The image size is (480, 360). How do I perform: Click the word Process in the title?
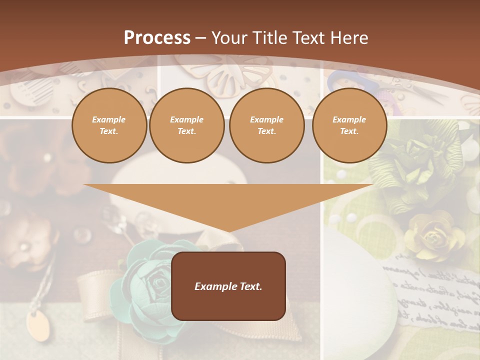(157, 38)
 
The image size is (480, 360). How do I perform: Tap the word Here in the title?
(349, 38)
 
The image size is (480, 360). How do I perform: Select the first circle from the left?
(109, 125)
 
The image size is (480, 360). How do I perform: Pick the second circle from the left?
(187, 125)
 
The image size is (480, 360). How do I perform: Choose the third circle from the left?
(267, 125)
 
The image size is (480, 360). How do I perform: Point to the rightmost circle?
(349, 125)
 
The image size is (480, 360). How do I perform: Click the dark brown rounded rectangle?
(228, 286)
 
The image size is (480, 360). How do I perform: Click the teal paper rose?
(150, 280)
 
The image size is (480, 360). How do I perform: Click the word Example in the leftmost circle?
(109, 119)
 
